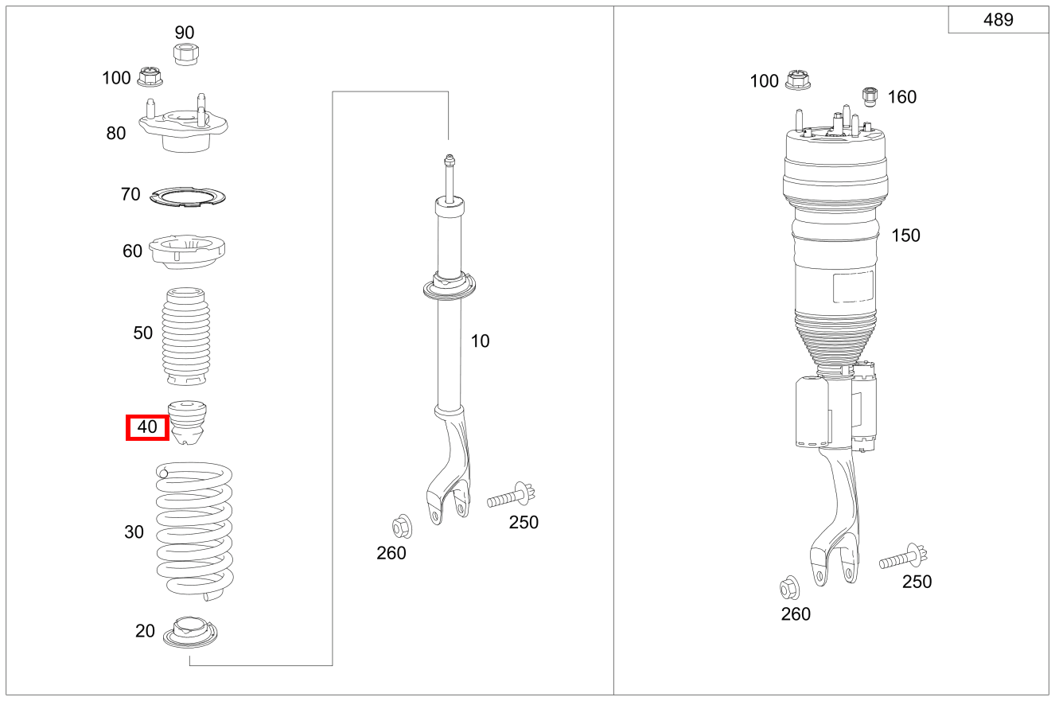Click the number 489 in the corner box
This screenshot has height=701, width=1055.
click(x=998, y=20)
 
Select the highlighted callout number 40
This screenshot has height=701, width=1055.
click(x=148, y=427)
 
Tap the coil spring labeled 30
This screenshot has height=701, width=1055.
click(x=194, y=531)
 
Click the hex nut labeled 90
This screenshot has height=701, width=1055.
click(x=185, y=54)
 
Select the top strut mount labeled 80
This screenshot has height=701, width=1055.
click(x=184, y=128)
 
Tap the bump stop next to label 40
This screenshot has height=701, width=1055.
click(x=188, y=421)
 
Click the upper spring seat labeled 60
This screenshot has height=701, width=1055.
click(x=188, y=252)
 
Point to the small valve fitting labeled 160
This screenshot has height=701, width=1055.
click(x=870, y=95)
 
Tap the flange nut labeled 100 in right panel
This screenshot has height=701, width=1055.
click(x=796, y=80)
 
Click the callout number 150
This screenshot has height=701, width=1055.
click(x=905, y=236)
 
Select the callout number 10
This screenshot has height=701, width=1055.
click(x=480, y=341)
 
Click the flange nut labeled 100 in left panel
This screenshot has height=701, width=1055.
click(x=150, y=77)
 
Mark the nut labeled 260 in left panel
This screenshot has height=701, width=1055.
click(x=401, y=527)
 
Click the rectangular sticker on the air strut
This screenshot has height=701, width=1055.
click(x=853, y=286)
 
